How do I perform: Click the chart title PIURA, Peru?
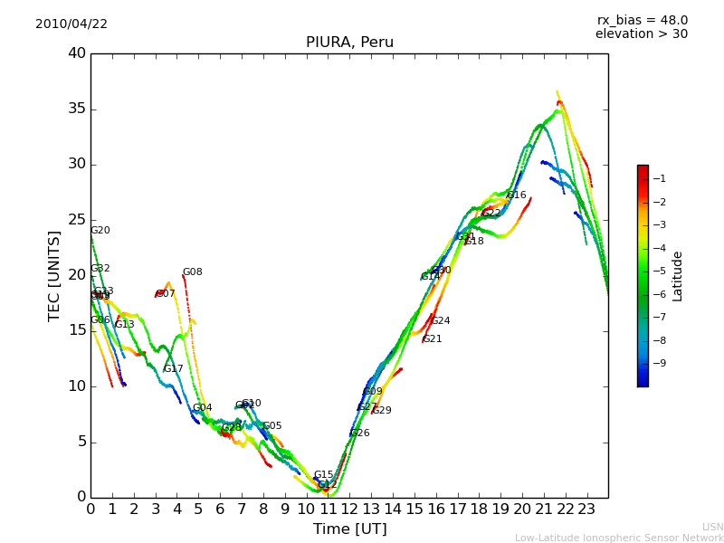349,43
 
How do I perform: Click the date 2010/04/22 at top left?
71,24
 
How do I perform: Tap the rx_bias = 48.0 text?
642,21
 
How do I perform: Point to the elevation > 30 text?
641,34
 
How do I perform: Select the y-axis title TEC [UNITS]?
54,275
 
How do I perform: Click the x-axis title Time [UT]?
349,529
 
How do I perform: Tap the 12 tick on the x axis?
349,509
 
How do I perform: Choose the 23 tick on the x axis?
586,509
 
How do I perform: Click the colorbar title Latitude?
678,276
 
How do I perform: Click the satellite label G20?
100,231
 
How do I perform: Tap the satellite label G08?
193,272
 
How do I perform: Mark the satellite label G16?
517,195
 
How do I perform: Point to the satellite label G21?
433,339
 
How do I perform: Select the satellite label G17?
174,369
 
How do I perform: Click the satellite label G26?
360,433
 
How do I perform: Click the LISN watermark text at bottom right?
712,527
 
